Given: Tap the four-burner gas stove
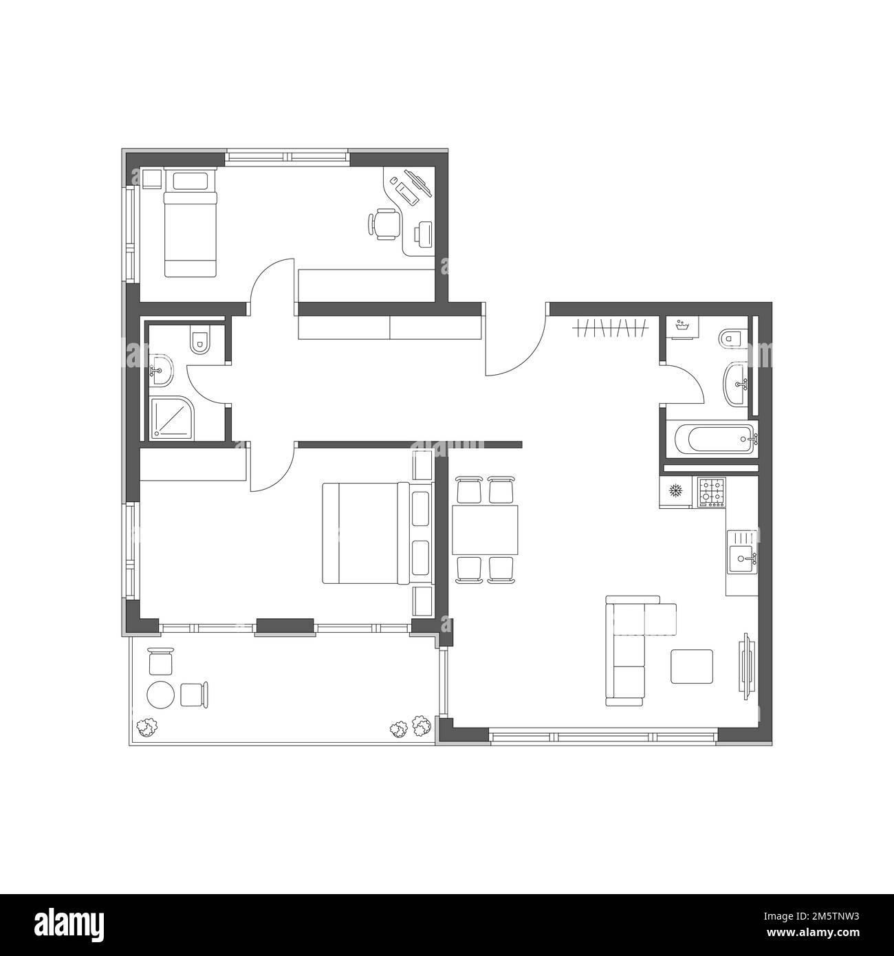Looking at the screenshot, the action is pos(711,492).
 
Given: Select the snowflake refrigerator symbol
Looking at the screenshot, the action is pos(676,490).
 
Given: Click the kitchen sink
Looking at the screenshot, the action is pos(742,552).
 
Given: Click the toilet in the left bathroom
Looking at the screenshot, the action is pos(200,340).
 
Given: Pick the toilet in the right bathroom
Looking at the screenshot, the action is pos(732,338).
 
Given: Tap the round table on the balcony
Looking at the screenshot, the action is pos(160,695).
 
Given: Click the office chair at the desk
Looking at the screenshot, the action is pos(384,224).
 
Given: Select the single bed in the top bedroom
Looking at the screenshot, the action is pos(190,222).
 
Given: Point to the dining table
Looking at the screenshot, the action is pos(485,530).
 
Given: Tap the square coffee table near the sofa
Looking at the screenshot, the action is pos(692,666).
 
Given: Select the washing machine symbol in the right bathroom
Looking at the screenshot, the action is pos(681,328).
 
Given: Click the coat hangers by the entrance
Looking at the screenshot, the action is pos(611,328).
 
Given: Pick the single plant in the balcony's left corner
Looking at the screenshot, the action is pos(147,728).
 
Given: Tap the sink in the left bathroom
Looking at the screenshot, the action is pos(160,371).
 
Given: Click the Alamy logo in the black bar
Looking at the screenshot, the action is pos(69,924).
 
